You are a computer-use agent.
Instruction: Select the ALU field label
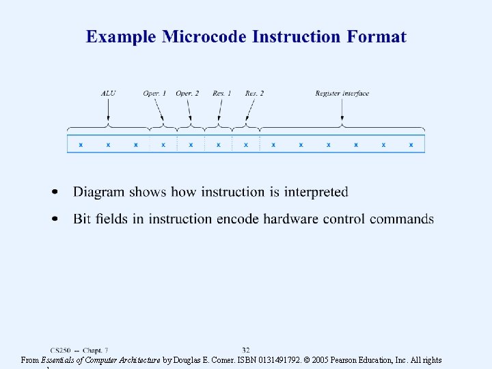pos(108,94)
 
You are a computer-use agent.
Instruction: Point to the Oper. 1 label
pos(154,94)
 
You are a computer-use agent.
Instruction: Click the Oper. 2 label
pos(187,94)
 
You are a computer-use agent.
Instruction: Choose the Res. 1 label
pos(221,94)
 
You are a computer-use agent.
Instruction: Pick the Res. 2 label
pos(254,94)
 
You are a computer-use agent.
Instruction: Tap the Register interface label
pos(342,94)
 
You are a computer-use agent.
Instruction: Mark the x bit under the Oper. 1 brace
pos(163,145)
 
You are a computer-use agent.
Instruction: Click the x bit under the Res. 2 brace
pos(246,145)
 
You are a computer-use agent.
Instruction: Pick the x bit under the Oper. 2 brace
pos(191,145)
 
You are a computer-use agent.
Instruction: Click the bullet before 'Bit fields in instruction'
pos(54,219)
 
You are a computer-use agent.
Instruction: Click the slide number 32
pos(246,350)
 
